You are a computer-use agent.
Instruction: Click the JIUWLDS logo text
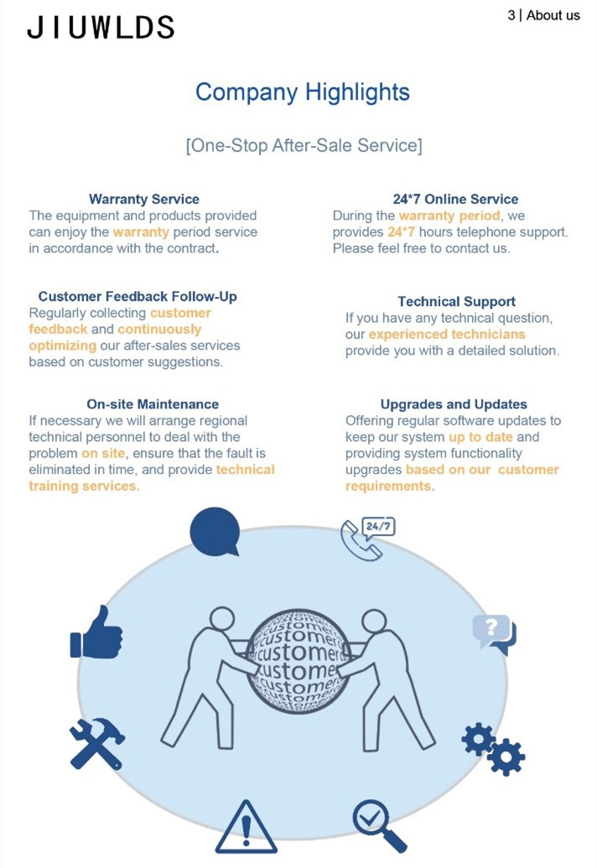100,28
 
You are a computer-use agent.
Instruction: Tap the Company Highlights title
302,93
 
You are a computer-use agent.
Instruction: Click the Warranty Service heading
144,199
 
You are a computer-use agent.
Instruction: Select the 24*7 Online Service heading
455,199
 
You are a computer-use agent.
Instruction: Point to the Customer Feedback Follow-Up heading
138,297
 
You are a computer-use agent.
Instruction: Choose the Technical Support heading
456,302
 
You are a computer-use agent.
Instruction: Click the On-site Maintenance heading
152,404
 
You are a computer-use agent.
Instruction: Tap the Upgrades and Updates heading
454,405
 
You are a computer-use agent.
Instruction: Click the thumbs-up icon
96,632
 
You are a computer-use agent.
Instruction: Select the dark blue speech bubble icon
215,532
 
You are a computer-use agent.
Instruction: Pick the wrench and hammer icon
97,743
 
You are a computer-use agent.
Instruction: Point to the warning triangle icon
246,828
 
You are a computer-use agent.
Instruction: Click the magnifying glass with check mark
378,825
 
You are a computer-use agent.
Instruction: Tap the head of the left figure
222,620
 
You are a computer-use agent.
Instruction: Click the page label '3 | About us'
543,15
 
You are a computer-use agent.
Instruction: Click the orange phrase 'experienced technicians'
447,335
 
